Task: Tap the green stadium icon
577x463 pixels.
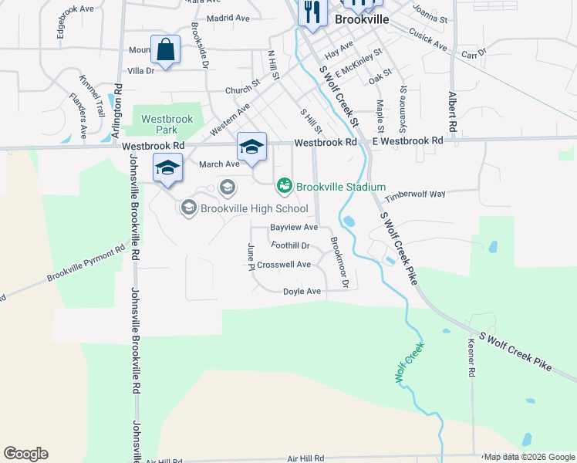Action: [x=284, y=186]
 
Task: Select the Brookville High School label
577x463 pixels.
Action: [x=254, y=208]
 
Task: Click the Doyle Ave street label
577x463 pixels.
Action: [x=302, y=292]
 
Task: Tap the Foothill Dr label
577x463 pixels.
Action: [x=290, y=245]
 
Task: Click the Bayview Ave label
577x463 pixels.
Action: [x=294, y=228]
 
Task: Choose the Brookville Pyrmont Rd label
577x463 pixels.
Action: [x=86, y=264]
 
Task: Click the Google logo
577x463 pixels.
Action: [x=25, y=454]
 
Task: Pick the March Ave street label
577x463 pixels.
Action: [x=219, y=164]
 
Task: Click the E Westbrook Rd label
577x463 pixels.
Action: [x=408, y=140]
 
